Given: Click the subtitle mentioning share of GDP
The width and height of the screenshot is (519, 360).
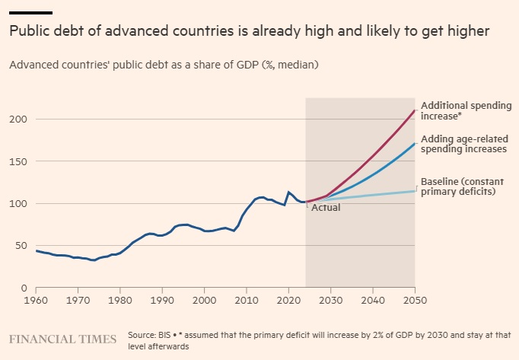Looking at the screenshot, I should pyautogui.click(x=164, y=65).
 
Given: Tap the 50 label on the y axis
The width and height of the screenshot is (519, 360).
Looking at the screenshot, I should pyautogui.click(x=21, y=246).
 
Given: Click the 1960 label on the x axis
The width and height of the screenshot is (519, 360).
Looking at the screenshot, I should pyautogui.click(x=37, y=300).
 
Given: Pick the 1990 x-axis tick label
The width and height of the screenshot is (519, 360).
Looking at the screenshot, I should pyautogui.click(x=162, y=300).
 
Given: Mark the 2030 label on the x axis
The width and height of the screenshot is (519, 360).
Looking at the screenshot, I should pyautogui.click(x=330, y=300).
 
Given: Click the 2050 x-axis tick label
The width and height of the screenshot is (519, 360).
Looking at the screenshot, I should pyautogui.click(x=414, y=300).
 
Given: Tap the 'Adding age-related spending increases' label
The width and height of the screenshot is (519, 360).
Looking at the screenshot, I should pyautogui.click(x=463, y=144).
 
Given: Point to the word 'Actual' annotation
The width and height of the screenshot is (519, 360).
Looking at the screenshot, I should pyautogui.click(x=326, y=207).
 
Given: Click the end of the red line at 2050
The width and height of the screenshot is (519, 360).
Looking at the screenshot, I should pyautogui.click(x=415, y=111).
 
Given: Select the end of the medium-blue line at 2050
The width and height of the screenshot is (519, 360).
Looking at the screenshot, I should pyautogui.click(x=415, y=143).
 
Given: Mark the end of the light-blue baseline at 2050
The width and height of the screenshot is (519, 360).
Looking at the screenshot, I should pyautogui.click(x=415, y=190).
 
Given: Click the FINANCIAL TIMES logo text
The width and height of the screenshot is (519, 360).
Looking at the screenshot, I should pyautogui.click(x=62, y=339).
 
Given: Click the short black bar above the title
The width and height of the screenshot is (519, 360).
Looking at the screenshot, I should pyautogui.click(x=30, y=13).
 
